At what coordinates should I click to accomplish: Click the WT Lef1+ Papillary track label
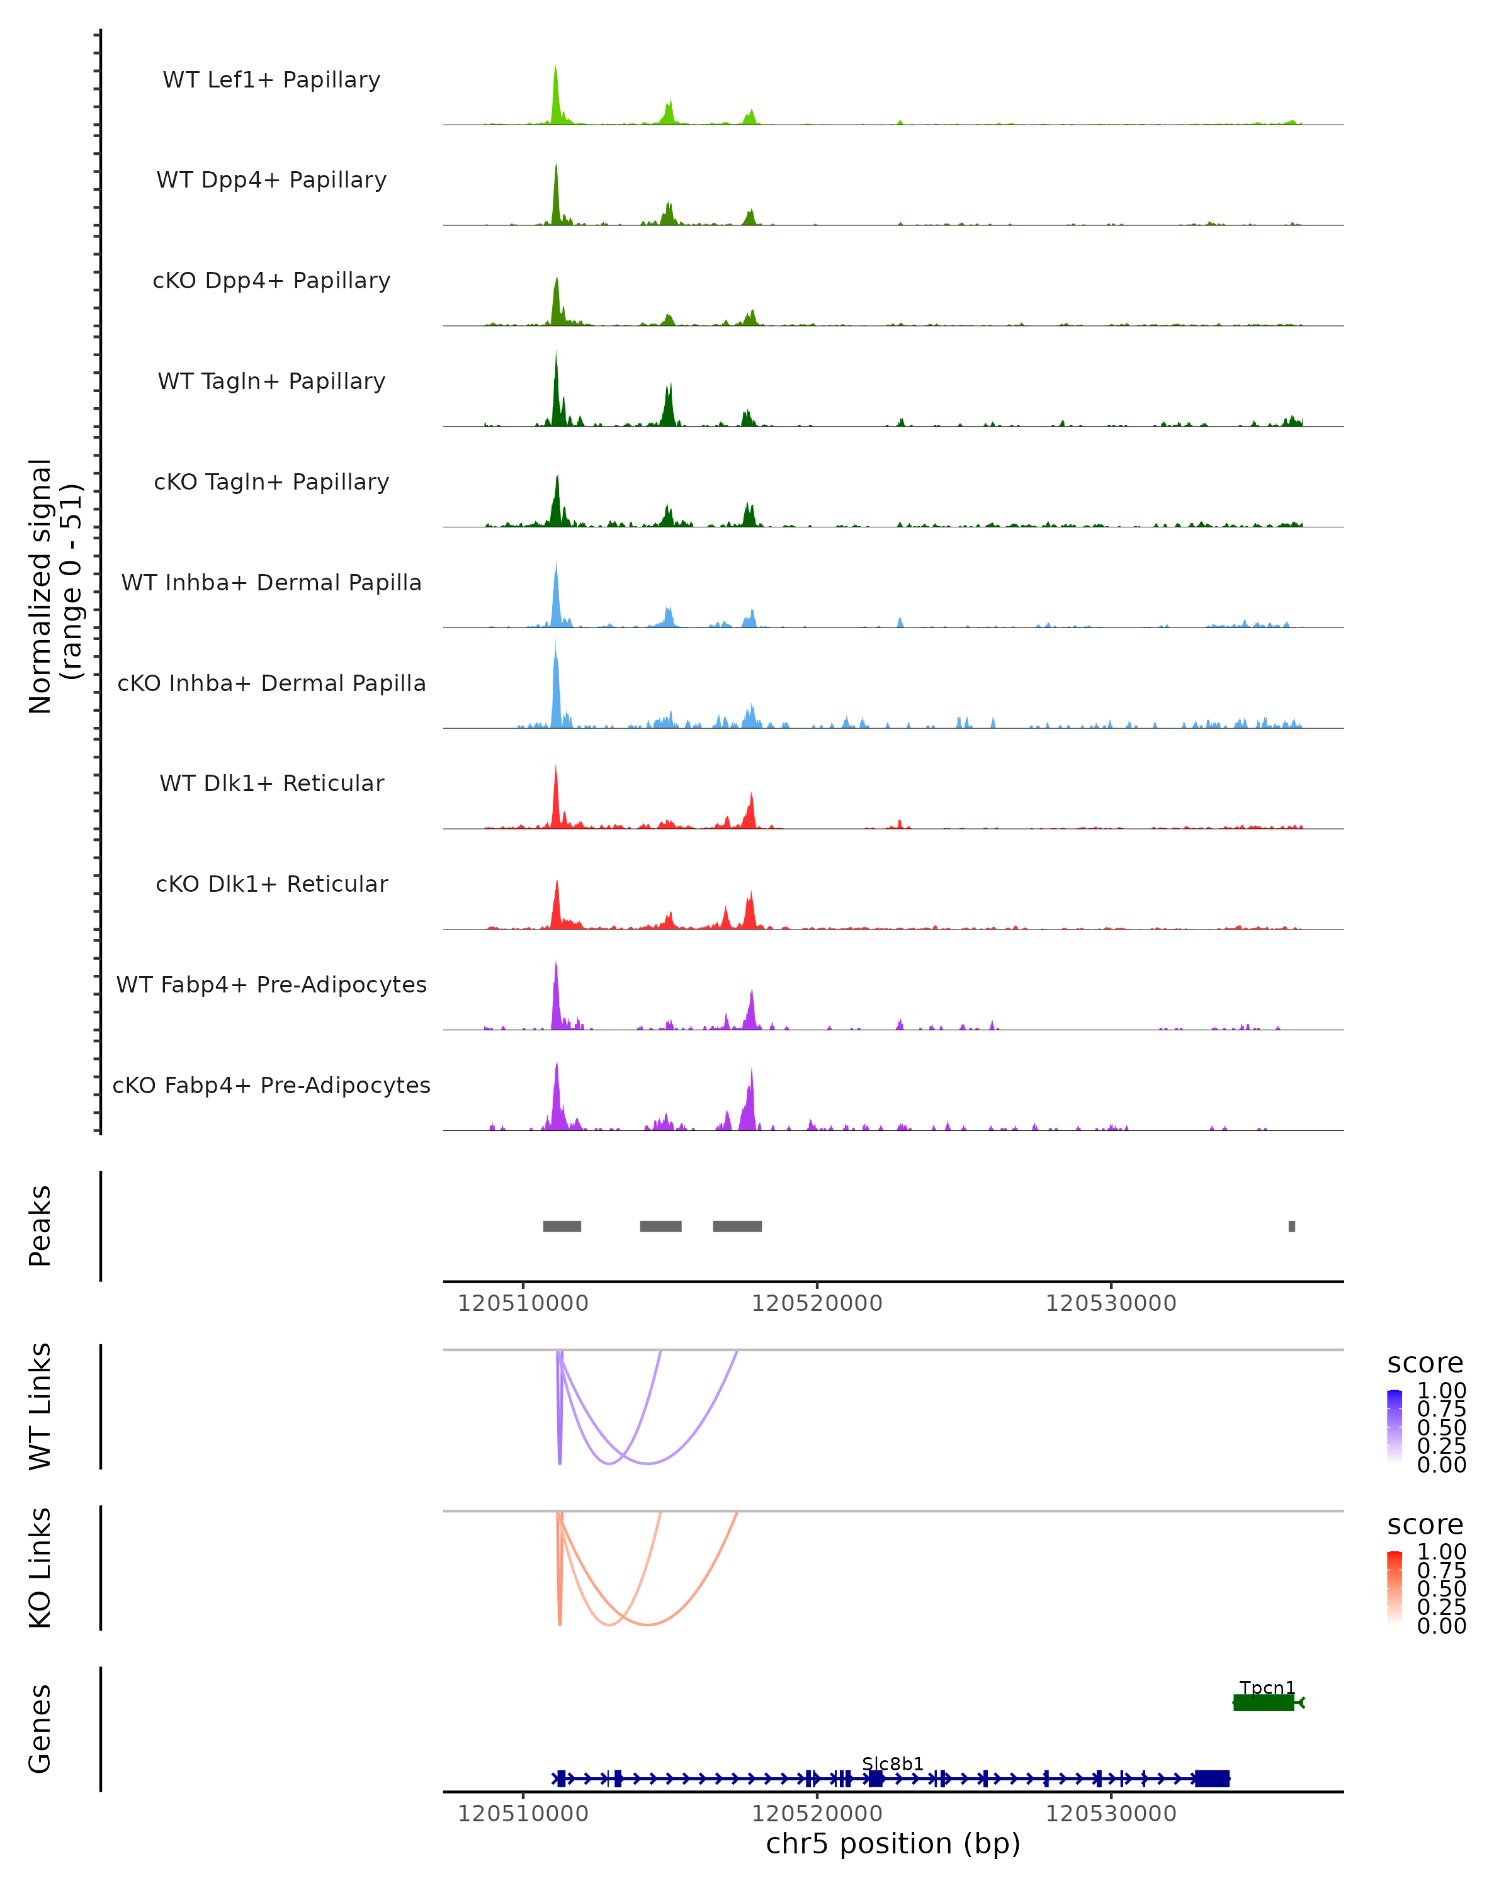[x=271, y=80]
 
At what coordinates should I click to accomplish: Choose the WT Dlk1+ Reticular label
[x=271, y=783]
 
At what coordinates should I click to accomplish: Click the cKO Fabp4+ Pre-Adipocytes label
[x=271, y=1085]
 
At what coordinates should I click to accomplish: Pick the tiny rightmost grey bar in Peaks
[x=1291, y=1226]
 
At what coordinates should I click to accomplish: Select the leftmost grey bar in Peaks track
[x=562, y=1226]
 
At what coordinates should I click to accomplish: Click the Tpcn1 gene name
[x=1267, y=1687]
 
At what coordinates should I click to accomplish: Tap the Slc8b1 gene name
[x=893, y=1763]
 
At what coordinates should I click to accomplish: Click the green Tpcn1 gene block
[x=1263, y=1702]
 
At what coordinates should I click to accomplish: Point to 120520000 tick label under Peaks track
[x=817, y=1303]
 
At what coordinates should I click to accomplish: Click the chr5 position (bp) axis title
[x=893, y=1844]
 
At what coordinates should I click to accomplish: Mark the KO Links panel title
[x=40, y=1568]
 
